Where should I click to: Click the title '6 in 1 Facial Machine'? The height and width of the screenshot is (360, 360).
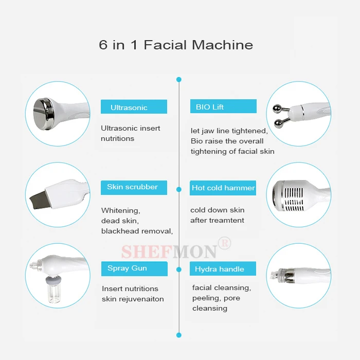[x=176, y=45]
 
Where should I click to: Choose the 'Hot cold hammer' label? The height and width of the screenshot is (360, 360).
[x=223, y=188]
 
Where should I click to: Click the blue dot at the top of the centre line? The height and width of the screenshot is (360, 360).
[x=179, y=80]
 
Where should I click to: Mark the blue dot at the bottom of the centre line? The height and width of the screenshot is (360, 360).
[x=179, y=335]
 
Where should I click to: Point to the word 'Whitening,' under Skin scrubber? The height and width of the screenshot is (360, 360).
[x=120, y=210]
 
